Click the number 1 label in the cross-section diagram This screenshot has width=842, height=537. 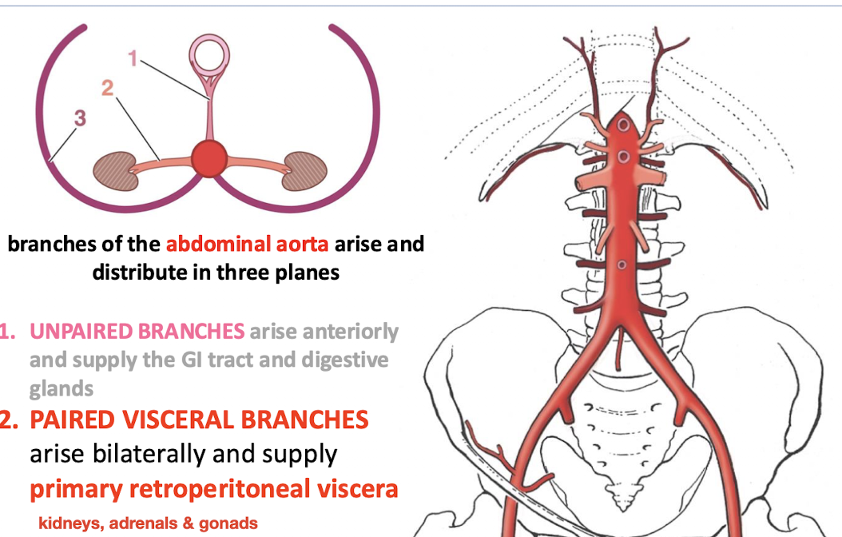click(x=133, y=57)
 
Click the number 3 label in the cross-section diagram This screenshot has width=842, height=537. click(x=79, y=118)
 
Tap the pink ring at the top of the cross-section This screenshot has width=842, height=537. click(x=209, y=58)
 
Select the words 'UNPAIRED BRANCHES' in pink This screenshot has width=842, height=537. click(x=137, y=330)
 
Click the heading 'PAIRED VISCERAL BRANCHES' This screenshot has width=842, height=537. click(x=199, y=419)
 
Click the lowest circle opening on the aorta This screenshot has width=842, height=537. click(x=622, y=265)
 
